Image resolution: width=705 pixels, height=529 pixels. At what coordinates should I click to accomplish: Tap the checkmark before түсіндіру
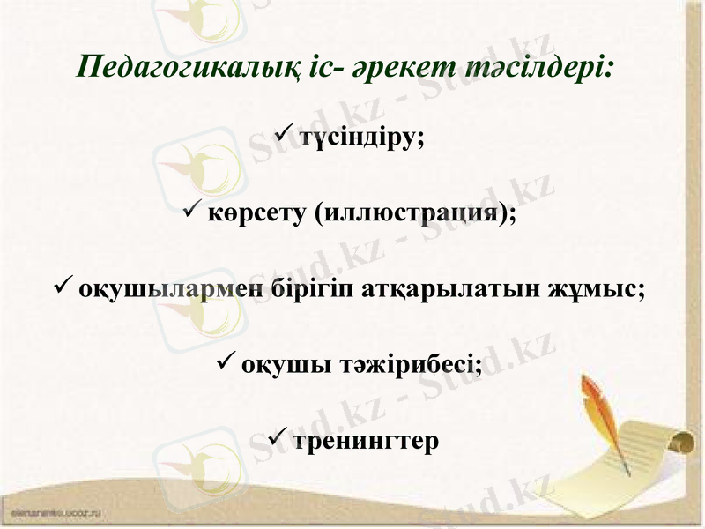285,137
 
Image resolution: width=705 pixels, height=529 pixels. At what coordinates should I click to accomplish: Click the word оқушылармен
172,289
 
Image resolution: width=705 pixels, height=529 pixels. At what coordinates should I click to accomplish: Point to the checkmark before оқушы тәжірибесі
225,361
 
